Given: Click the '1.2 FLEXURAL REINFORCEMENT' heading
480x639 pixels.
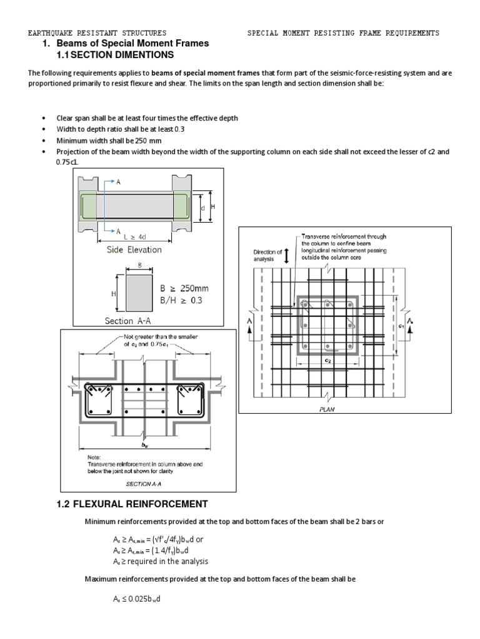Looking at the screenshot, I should [x=131, y=504].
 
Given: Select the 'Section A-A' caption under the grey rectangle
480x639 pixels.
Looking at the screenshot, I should [x=127, y=321].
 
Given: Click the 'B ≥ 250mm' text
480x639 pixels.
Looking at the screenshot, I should [x=184, y=288].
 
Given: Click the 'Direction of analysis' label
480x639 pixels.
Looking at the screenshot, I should [x=267, y=255].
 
